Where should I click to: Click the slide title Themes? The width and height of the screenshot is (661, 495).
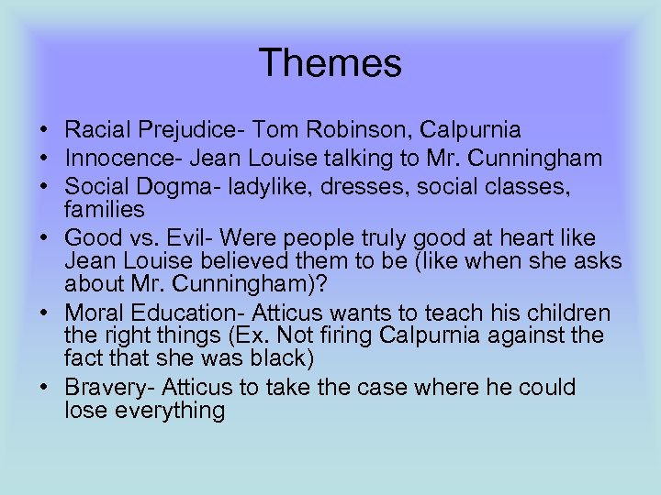tap(330, 63)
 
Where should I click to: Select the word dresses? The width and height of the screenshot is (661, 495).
tap(385, 186)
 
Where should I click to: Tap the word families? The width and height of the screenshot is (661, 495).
tap(105, 210)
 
